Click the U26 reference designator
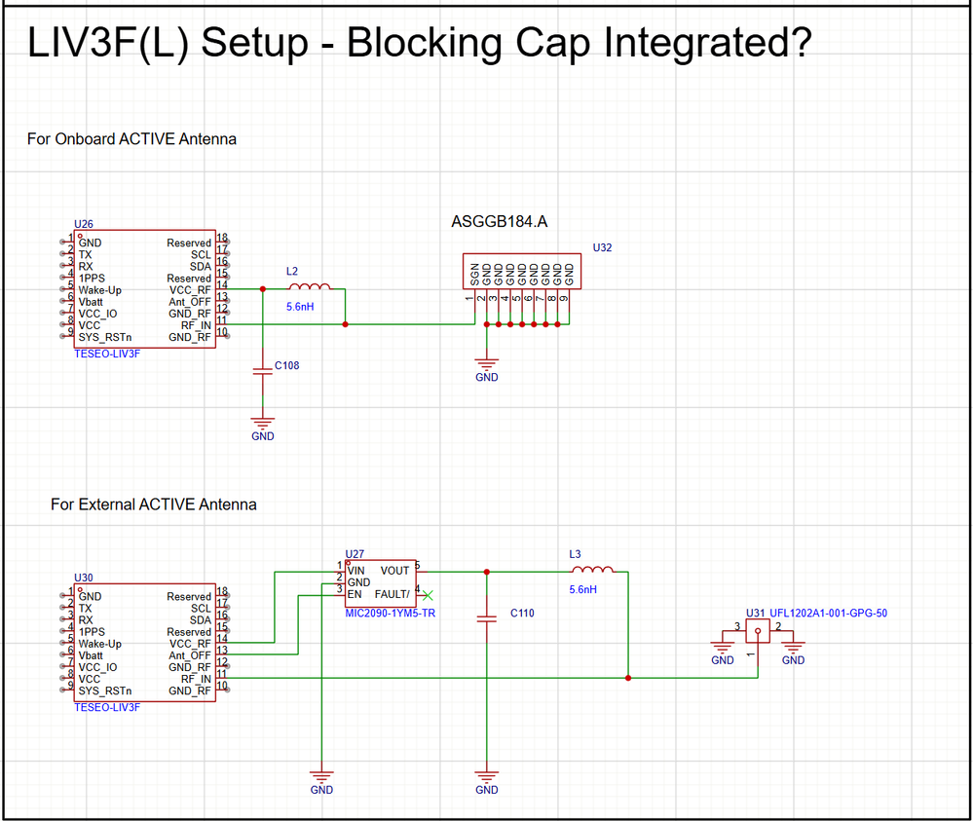(x=84, y=224)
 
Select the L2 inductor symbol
(x=310, y=286)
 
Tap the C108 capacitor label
(x=287, y=366)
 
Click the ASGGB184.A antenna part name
(x=499, y=222)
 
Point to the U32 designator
(x=603, y=248)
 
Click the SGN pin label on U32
(x=474, y=272)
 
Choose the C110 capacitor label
(x=522, y=615)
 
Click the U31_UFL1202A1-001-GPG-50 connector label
(x=816, y=614)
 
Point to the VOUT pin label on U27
(x=394, y=571)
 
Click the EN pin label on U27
(x=355, y=594)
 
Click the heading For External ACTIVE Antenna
(x=154, y=504)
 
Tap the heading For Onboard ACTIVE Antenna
(x=131, y=139)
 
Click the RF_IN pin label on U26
(x=195, y=325)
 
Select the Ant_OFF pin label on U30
(x=191, y=655)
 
